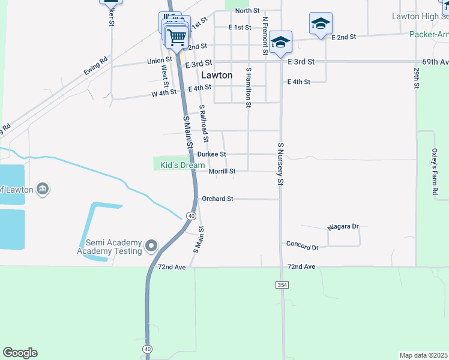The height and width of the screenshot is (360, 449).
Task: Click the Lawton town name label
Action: (x=217, y=76)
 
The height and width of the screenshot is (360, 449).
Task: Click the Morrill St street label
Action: (x=221, y=172)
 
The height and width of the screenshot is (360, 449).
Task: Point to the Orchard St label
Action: (x=217, y=199)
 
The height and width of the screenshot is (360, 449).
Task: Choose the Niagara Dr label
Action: (x=343, y=227)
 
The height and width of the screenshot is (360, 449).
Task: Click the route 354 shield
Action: (x=282, y=285)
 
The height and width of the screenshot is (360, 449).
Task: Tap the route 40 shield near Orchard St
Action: (x=191, y=215)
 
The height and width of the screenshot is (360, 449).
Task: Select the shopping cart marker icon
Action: (x=176, y=38)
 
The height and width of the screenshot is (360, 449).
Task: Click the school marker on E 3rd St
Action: (x=280, y=43)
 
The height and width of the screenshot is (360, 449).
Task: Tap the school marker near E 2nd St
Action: (x=321, y=25)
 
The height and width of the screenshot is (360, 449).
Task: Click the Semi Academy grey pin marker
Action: (x=151, y=246)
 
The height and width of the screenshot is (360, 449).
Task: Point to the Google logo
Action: (x=20, y=353)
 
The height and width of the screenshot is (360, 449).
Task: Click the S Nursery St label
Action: (x=280, y=163)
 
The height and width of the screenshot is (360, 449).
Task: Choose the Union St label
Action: (x=160, y=61)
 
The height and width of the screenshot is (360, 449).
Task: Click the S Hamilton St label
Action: (x=248, y=88)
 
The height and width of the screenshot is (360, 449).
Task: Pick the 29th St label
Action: (x=416, y=77)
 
